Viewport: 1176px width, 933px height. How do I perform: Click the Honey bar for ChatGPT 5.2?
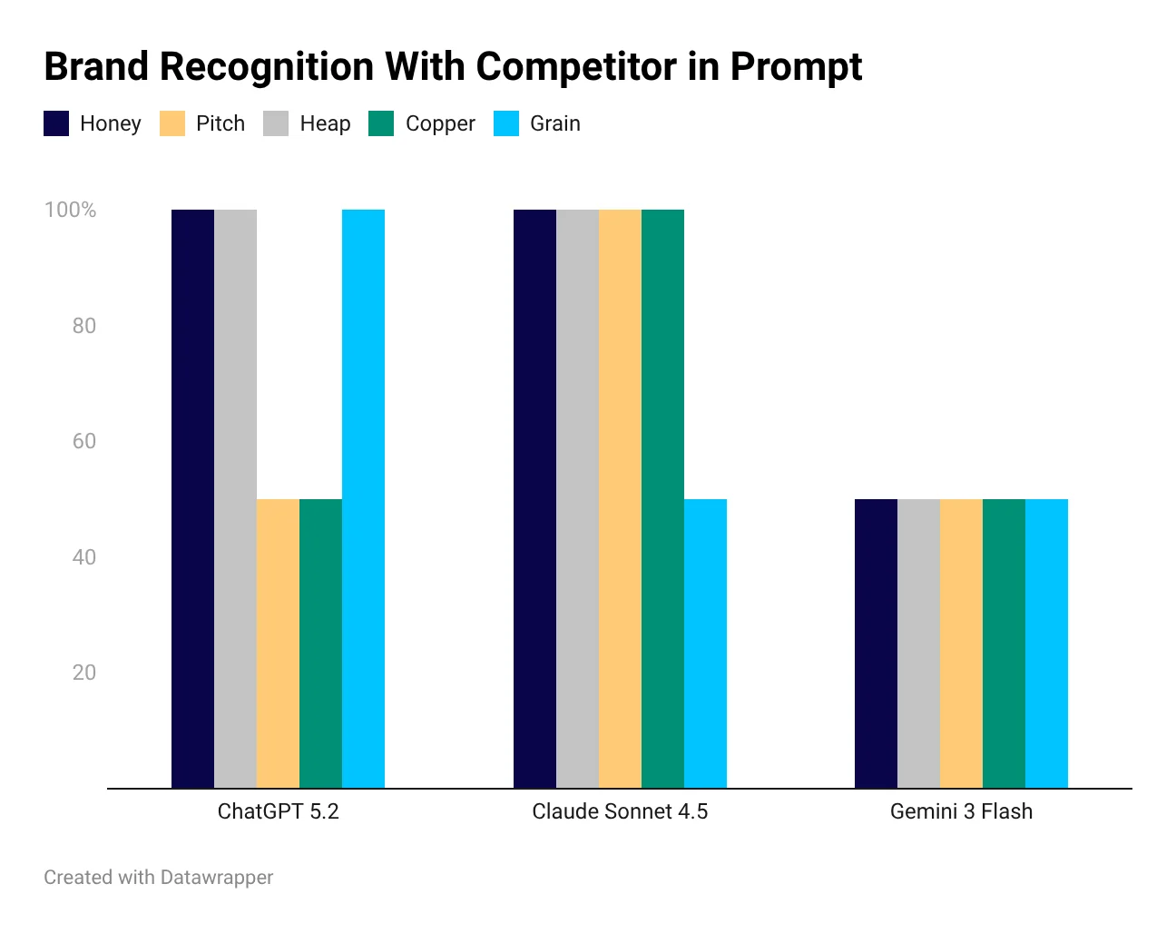click(x=192, y=498)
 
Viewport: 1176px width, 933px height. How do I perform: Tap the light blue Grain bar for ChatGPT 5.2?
click(x=363, y=498)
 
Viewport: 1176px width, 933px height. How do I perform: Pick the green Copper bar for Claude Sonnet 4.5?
click(x=662, y=498)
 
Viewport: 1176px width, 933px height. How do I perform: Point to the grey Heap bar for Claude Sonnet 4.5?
click(x=577, y=498)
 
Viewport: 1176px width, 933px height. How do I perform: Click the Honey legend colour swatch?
click(x=56, y=123)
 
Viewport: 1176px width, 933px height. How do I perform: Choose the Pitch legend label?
click(x=220, y=123)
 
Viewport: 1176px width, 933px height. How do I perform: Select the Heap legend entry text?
click(x=325, y=123)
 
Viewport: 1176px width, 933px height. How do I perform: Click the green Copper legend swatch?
click(x=381, y=123)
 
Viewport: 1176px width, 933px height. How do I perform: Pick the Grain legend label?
click(x=555, y=123)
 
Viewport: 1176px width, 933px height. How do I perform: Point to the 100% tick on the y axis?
click(x=70, y=210)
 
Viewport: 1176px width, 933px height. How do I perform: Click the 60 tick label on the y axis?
click(x=83, y=441)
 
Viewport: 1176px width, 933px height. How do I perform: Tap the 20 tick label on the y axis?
click(x=83, y=673)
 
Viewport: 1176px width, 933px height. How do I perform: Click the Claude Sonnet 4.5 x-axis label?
click(x=620, y=811)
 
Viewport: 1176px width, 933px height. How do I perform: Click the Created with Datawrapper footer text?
click(x=159, y=878)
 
